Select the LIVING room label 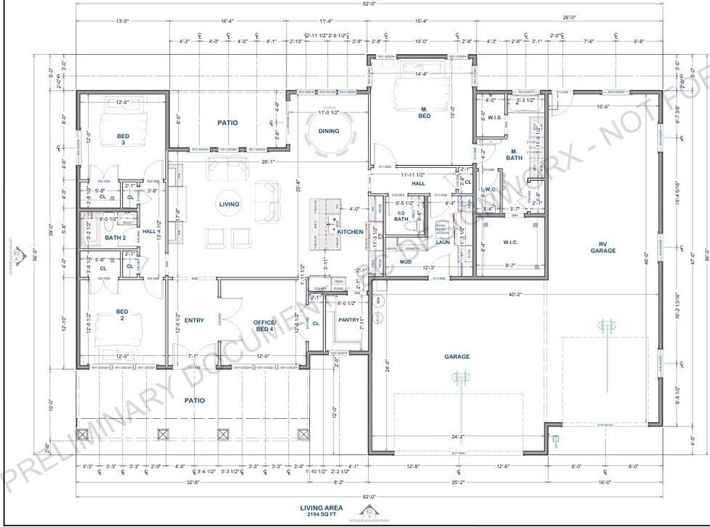click(229, 205)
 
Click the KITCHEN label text click(350, 232)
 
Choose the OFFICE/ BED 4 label click(263, 327)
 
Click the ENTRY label click(194, 320)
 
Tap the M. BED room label click(424, 112)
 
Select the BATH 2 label click(115, 238)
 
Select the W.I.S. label click(494, 117)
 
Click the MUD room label click(406, 262)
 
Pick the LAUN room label click(443, 243)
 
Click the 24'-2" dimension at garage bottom click(457, 438)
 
